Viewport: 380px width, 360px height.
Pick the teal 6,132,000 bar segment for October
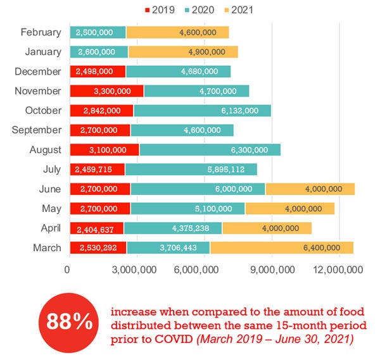pos(202,111)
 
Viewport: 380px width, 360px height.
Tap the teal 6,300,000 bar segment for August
pos(210,150)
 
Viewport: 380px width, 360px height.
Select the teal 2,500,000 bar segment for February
pos(98,32)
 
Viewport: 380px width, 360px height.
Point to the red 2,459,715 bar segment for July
pos(97,170)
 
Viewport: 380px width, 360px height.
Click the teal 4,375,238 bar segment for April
pos(173,228)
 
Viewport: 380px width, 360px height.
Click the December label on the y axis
pos(38,71)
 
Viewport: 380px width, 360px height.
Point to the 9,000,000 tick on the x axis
pos(272,270)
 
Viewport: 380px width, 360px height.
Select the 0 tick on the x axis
pos(68,270)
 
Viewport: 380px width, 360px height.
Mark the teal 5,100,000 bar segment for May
pos(187,208)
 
